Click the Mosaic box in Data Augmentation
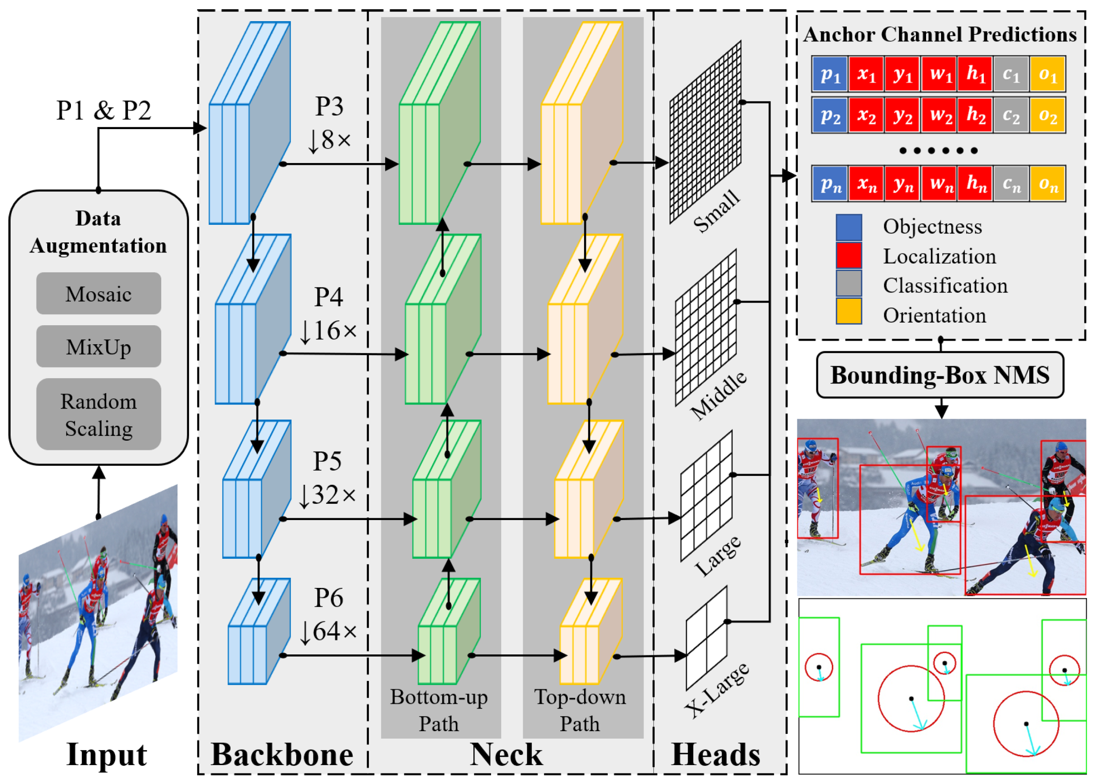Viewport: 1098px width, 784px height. (98, 294)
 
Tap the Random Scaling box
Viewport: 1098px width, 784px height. (98, 414)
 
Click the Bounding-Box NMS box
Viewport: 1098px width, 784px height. (940, 375)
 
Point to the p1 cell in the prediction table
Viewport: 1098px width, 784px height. (830, 74)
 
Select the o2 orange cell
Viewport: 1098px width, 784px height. (1047, 115)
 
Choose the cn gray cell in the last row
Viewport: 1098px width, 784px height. (1011, 183)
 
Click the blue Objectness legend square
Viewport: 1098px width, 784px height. (849, 227)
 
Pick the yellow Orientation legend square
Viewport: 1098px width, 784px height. (849, 311)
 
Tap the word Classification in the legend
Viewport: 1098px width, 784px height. (945, 286)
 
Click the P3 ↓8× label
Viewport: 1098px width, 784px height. (329, 123)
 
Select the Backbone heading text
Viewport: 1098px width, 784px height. (282, 754)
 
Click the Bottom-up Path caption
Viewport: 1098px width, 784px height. (439, 710)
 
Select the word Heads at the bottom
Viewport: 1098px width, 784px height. (715, 754)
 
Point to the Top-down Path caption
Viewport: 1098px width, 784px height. (580, 710)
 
